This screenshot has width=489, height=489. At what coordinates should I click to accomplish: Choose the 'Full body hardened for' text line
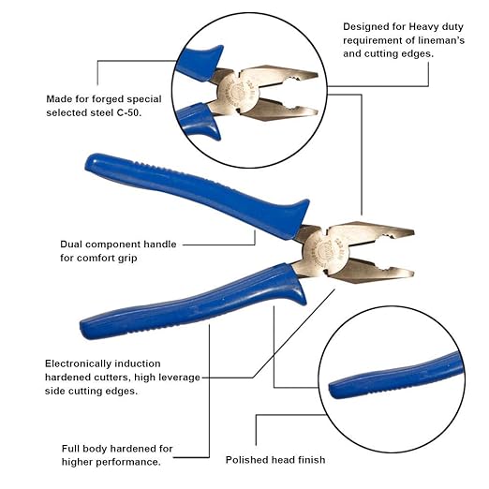coord(117,448)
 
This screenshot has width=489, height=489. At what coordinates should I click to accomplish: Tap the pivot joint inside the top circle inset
coord(252,92)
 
